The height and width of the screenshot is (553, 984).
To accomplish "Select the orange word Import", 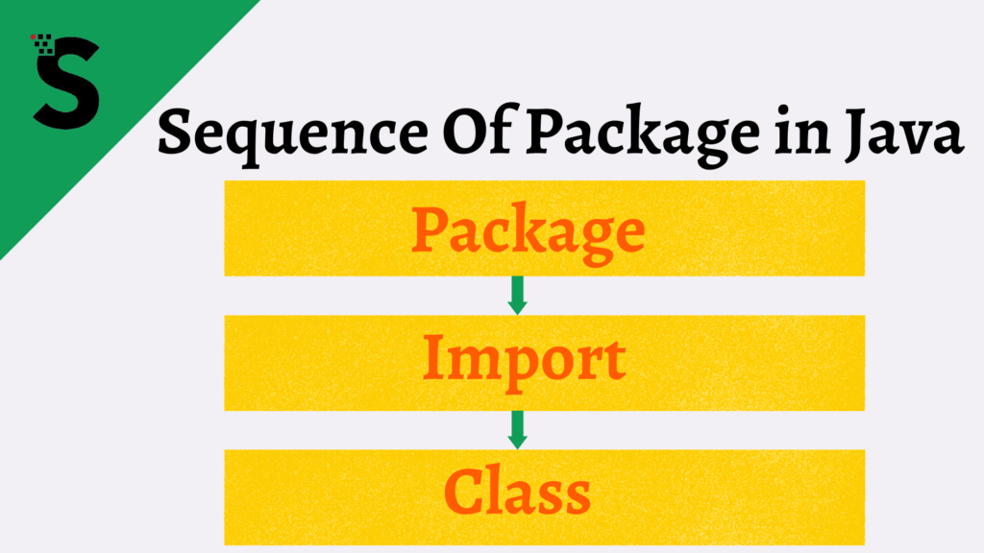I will pyautogui.click(x=525, y=359).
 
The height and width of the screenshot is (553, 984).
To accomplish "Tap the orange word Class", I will pyautogui.click(x=518, y=490).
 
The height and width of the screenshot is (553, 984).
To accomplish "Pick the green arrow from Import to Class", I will pyautogui.click(x=518, y=429).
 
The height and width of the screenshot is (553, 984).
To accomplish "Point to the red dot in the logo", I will pyautogui.click(x=35, y=36).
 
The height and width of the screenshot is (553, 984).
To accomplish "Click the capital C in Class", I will pyautogui.click(x=464, y=490).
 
